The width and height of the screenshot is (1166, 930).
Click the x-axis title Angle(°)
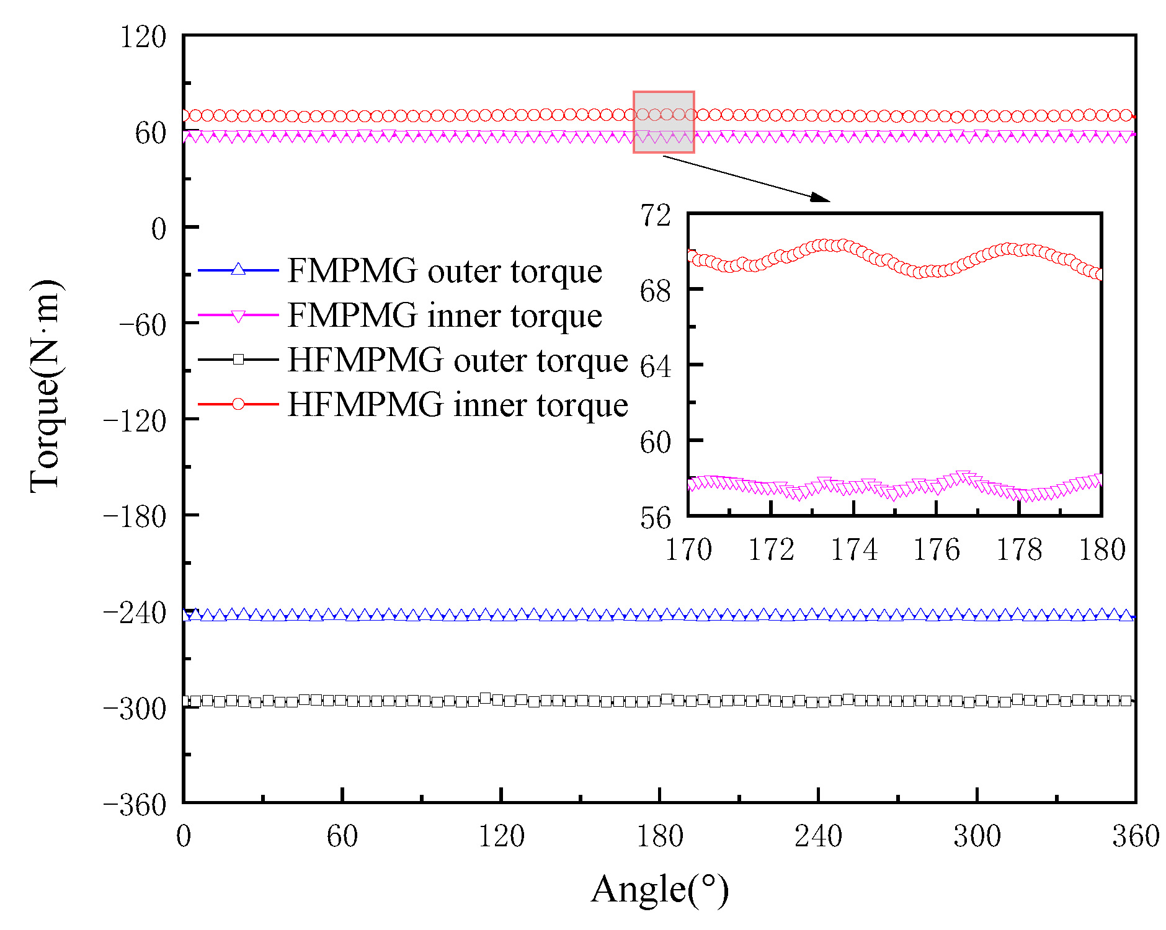tap(659, 890)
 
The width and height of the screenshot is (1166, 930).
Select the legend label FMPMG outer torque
tap(445, 271)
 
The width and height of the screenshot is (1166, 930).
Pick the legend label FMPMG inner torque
tap(445, 316)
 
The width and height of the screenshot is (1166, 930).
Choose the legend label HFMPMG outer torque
tap(458, 360)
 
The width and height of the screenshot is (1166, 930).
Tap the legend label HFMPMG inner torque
tap(458, 405)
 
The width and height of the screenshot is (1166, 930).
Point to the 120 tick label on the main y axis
tap(143, 37)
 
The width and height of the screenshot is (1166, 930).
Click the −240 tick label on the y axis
tap(135, 614)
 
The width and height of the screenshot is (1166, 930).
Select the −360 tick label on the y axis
tap(135, 805)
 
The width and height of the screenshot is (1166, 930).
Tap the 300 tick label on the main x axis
tap(977, 836)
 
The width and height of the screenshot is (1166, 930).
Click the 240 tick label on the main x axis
tap(818, 836)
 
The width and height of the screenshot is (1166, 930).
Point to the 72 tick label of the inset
tap(656, 216)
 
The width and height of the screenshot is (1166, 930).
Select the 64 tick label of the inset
tap(656, 367)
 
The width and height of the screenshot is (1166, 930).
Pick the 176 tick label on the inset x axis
tap(937, 550)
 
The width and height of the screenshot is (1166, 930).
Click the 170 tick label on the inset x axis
tap(688, 550)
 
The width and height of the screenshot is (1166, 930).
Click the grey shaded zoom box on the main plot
tap(664, 122)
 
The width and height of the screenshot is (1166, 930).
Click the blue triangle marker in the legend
tap(238, 270)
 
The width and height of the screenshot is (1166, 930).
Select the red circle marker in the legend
tap(238, 404)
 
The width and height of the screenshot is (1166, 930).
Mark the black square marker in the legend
tap(238, 359)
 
